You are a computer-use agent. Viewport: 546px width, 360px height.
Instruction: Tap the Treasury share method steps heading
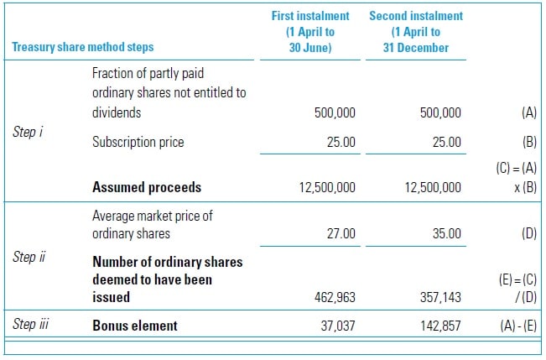coord(83,47)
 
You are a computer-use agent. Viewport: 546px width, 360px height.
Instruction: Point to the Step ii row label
coord(29,257)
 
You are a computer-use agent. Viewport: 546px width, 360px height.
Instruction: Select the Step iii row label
coord(30,323)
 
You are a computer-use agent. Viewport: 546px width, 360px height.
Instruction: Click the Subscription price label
coord(138,142)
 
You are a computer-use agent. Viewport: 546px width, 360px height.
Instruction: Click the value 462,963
coord(332,296)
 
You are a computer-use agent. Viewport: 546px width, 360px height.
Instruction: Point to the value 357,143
coord(438,296)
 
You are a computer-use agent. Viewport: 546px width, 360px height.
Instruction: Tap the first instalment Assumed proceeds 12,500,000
coord(327,188)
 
